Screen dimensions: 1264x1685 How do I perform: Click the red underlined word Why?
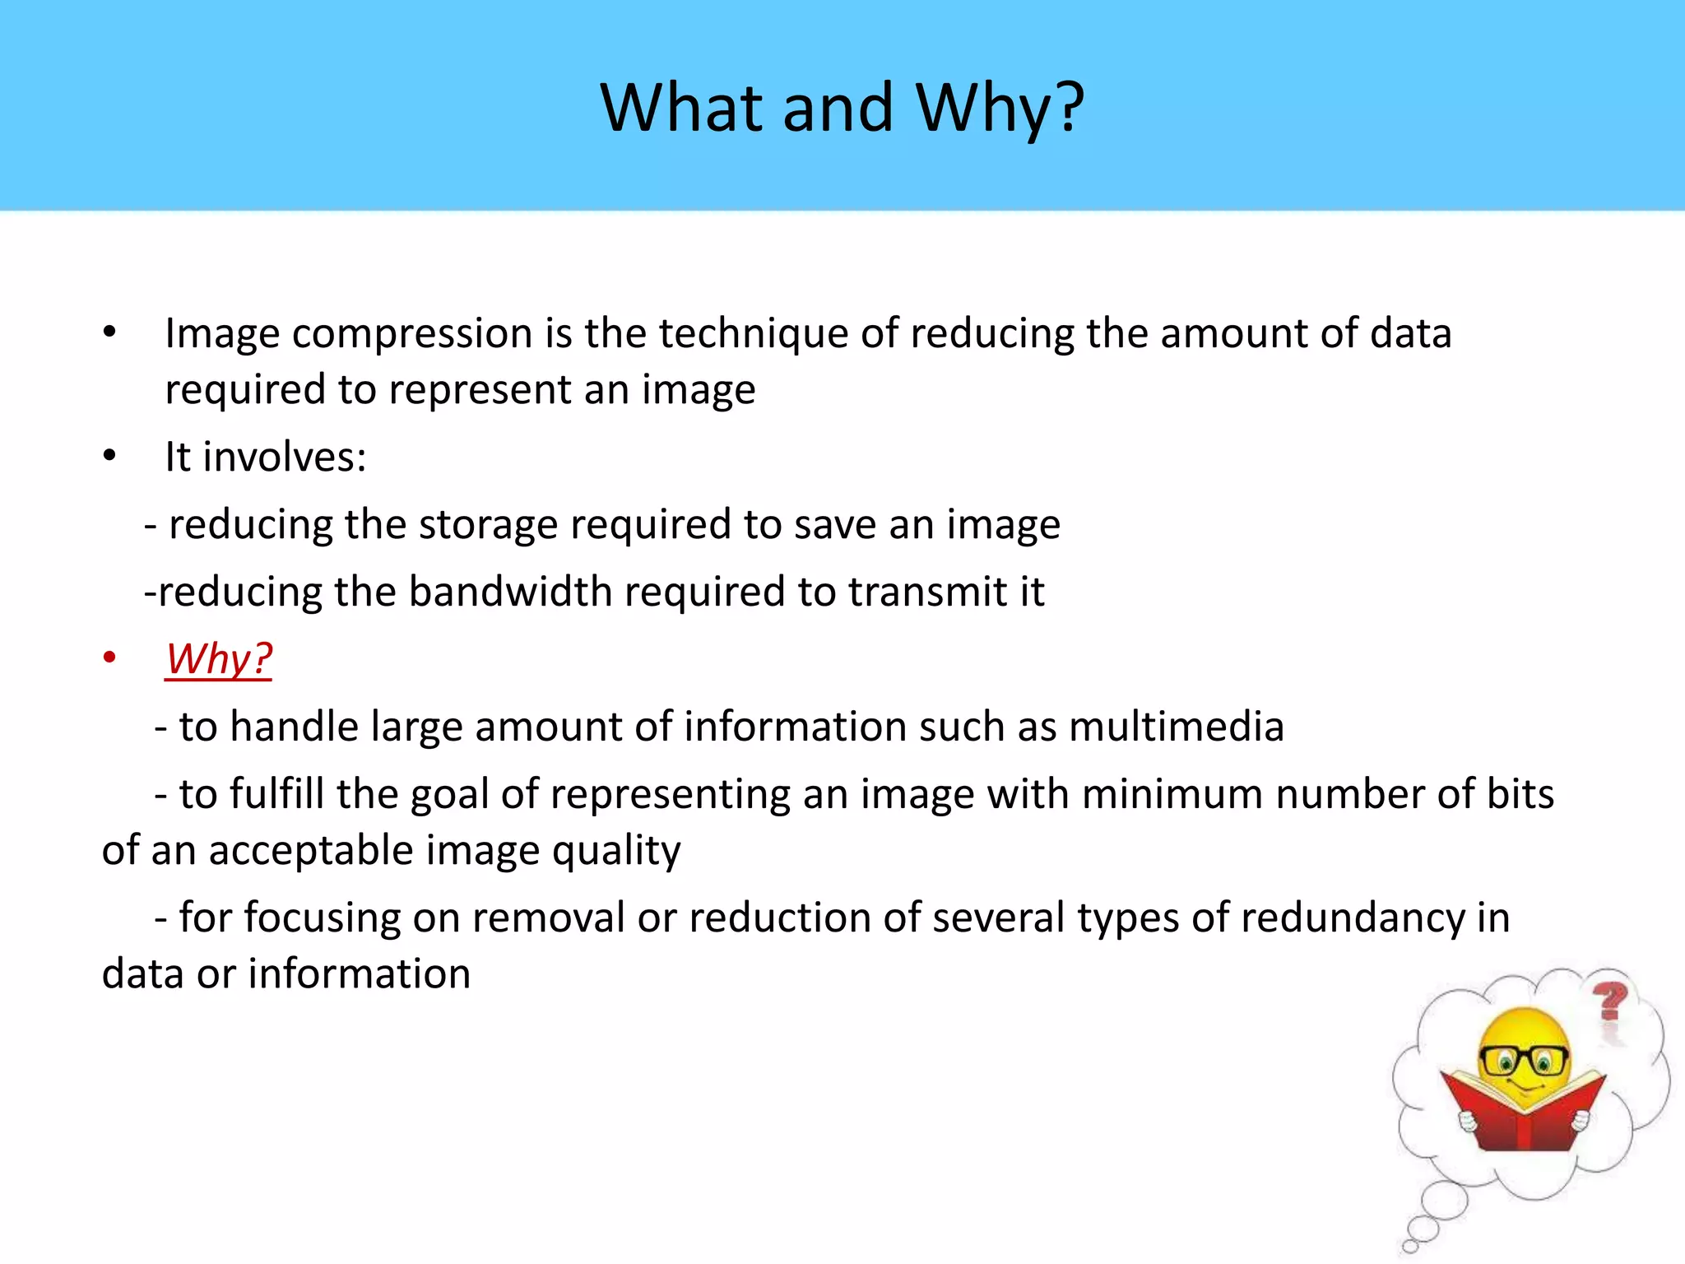tap(219, 659)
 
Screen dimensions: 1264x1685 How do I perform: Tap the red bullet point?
tap(109, 658)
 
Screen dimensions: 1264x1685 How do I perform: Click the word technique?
tap(753, 335)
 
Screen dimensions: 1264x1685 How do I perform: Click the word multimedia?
tap(1176, 727)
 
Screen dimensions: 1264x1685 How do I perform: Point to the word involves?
tap(284, 458)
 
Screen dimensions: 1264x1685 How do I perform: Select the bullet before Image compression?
tap(109, 333)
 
